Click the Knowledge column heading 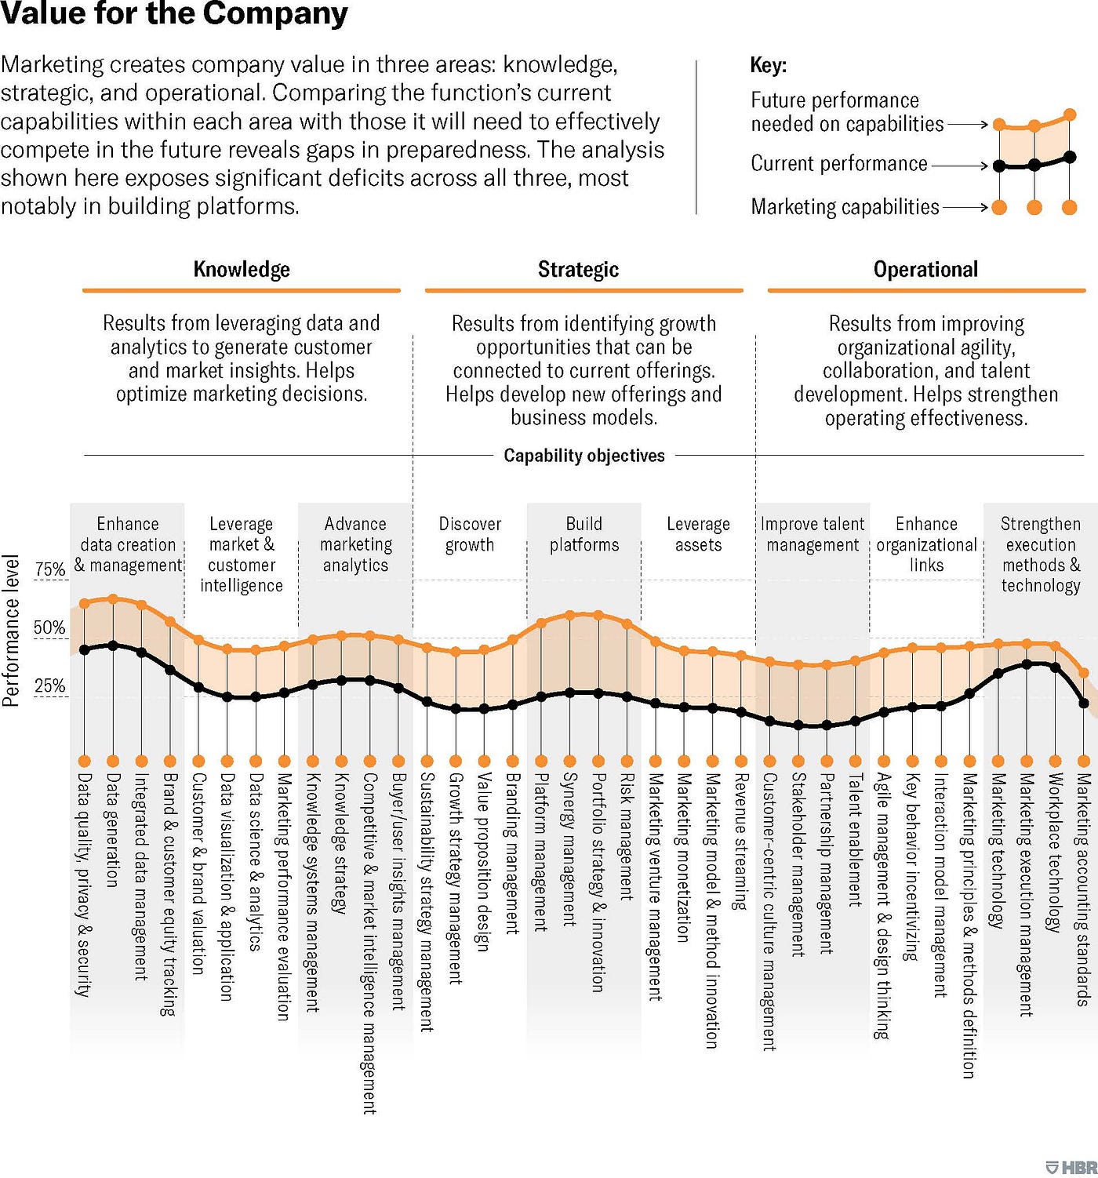(242, 270)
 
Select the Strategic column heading (578, 270)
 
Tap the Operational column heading (925, 270)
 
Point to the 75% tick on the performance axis (50, 570)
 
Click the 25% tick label (50, 686)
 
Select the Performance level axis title (11, 631)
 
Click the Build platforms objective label (584, 534)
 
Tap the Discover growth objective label (470, 534)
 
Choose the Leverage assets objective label (698, 534)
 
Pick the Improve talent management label (813, 534)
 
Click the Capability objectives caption (584, 456)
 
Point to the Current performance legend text (839, 164)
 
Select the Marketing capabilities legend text (845, 207)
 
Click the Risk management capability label (627, 836)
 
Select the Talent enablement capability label (855, 840)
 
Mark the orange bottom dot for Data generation (113, 761)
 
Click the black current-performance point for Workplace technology (1056, 667)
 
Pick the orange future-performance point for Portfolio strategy (598, 616)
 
